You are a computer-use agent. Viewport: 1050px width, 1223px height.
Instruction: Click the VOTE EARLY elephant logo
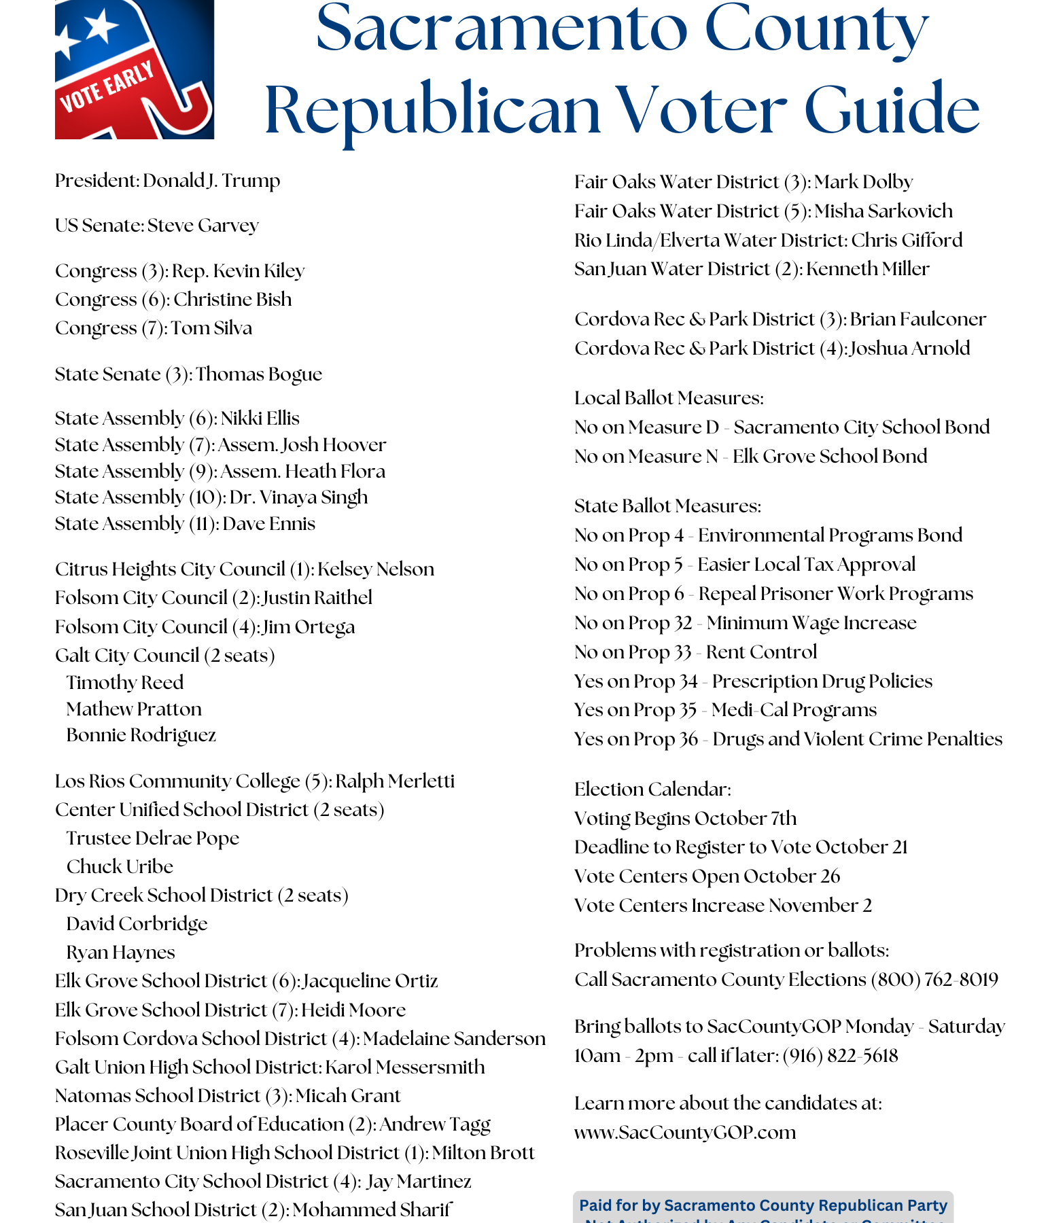pos(134,69)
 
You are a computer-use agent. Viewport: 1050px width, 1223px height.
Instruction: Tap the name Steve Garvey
pos(203,226)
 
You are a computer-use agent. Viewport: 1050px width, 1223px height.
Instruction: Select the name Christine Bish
pos(232,300)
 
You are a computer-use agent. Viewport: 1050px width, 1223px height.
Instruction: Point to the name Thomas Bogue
pos(259,374)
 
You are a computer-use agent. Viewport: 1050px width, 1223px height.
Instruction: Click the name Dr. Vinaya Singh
pos(298,497)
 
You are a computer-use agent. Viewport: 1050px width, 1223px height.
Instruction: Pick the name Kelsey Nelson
pos(375,569)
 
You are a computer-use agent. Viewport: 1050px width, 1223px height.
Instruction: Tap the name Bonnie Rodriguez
pos(141,735)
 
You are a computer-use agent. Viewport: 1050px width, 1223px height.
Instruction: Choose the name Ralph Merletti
pos(395,781)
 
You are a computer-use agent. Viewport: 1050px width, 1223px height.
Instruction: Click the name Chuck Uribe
pos(120,867)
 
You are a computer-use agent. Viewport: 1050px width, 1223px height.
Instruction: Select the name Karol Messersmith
pos(405,1067)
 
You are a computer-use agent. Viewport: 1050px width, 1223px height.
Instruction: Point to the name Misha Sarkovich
pos(883,211)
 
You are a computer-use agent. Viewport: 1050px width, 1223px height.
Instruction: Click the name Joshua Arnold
pos(909,349)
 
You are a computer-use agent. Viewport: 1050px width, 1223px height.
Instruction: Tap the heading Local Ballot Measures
pos(669,398)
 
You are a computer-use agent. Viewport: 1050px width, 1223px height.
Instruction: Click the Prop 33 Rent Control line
pos(695,652)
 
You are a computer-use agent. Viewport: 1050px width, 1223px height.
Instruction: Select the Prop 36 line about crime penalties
pos(788,739)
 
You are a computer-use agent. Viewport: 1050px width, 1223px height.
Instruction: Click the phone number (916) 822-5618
pos(840,1056)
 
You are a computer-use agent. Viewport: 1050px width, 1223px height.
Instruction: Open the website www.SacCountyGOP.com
pos(685,1133)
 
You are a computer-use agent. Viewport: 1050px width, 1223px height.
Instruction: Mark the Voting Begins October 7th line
pos(685,819)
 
